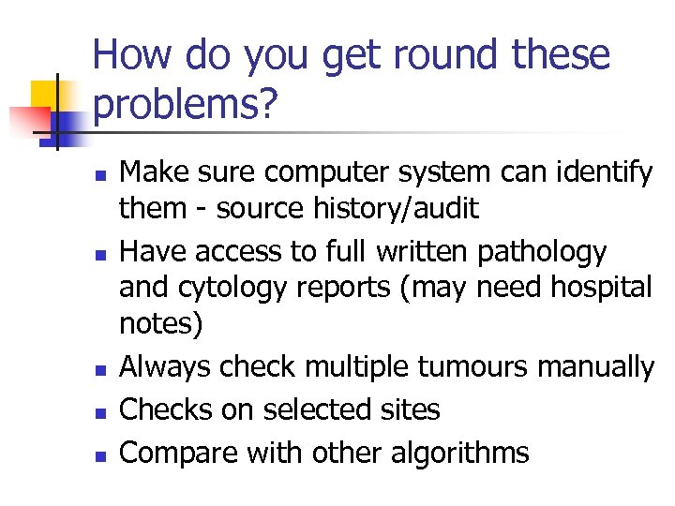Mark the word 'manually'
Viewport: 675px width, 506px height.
click(x=596, y=367)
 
